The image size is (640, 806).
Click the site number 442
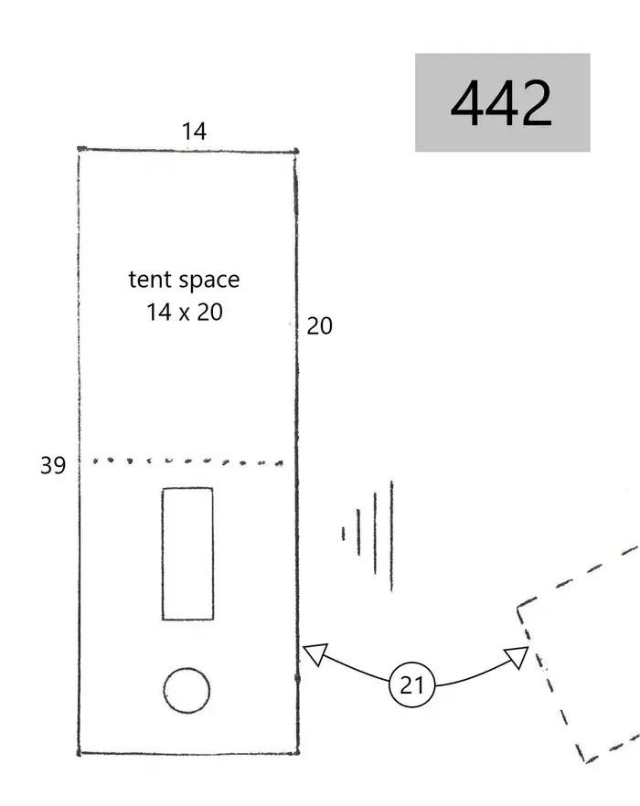pos(501,102)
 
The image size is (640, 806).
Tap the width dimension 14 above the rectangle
pos(194,132)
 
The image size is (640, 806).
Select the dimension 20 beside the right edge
pos(319,326)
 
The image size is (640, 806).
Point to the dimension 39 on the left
pos(53,465)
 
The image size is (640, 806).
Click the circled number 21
pos(411,684)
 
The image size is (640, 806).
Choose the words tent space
pos(184,280)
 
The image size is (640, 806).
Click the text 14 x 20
pos(184,312)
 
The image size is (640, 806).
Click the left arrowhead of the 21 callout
pos(315,654)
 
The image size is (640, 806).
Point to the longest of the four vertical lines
pos(391,536)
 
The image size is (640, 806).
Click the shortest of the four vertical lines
pos(343,534)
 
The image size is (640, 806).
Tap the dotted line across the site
pos(187,461)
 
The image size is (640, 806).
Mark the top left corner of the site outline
pos(79,149)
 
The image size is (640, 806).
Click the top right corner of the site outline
pos(296,151)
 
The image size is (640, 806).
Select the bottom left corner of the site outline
pos(79,754)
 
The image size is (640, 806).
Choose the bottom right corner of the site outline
pos(298,753)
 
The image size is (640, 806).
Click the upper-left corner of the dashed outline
pos(518,608)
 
